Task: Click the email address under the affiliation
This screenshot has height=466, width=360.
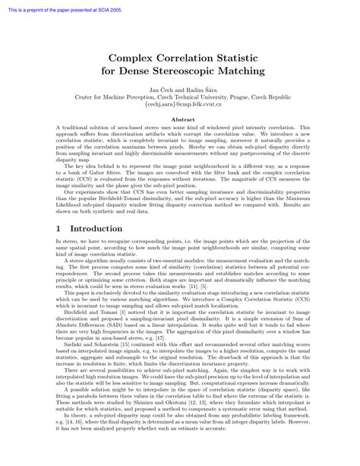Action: coord(180,106)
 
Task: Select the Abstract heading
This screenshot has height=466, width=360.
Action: coord(180,120)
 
